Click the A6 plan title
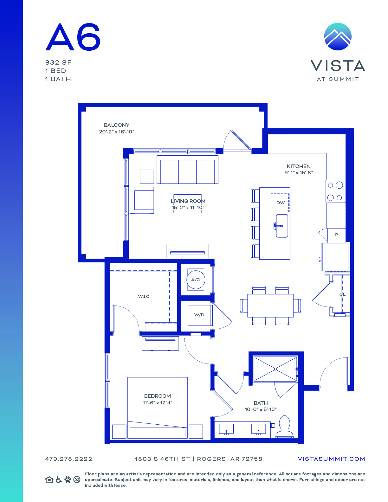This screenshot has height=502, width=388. pyautogui.click(x=73, y=37)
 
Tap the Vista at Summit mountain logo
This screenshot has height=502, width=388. pyautogui.click(x=338, y=37)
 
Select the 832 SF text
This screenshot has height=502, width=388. pyautogui.click(x=58, y=63)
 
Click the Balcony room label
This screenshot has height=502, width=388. pyautogui.click(x=116, y=125)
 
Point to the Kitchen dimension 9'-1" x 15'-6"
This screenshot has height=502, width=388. pyautogui.click(x=299, y=173)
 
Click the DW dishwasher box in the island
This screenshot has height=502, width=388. pyautogui.click(x=280, y=203)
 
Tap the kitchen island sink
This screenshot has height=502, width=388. pyautogui.click(x=282, y=226)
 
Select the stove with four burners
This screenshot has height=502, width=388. pyautogui.click(x=336, y=191)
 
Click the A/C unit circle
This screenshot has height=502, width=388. pyautogui.click(x=196, y=280)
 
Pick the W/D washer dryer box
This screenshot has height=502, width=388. pyautogui.click(x=200, y=315)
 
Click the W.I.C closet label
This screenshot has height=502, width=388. pyautogui.click(x=144, y=296)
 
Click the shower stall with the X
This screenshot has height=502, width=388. pyautogui.click(x=275, y=369)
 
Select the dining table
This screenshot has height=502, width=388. pyautogui.click(x=270, y=306)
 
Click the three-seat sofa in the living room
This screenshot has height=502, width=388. pyautogui.click(x=187, y=170)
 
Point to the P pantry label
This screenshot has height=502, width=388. pyautogui.click(x=336, y=235)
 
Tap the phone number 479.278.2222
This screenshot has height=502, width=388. pyautogui.click(x=69, y=459)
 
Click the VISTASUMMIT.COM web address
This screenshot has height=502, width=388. pyautogui.click(x=331, y=459)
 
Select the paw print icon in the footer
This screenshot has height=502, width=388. pyautogui.click(x=68, y=480)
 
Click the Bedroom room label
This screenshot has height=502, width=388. pyautogui.click(x=157, y=396)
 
